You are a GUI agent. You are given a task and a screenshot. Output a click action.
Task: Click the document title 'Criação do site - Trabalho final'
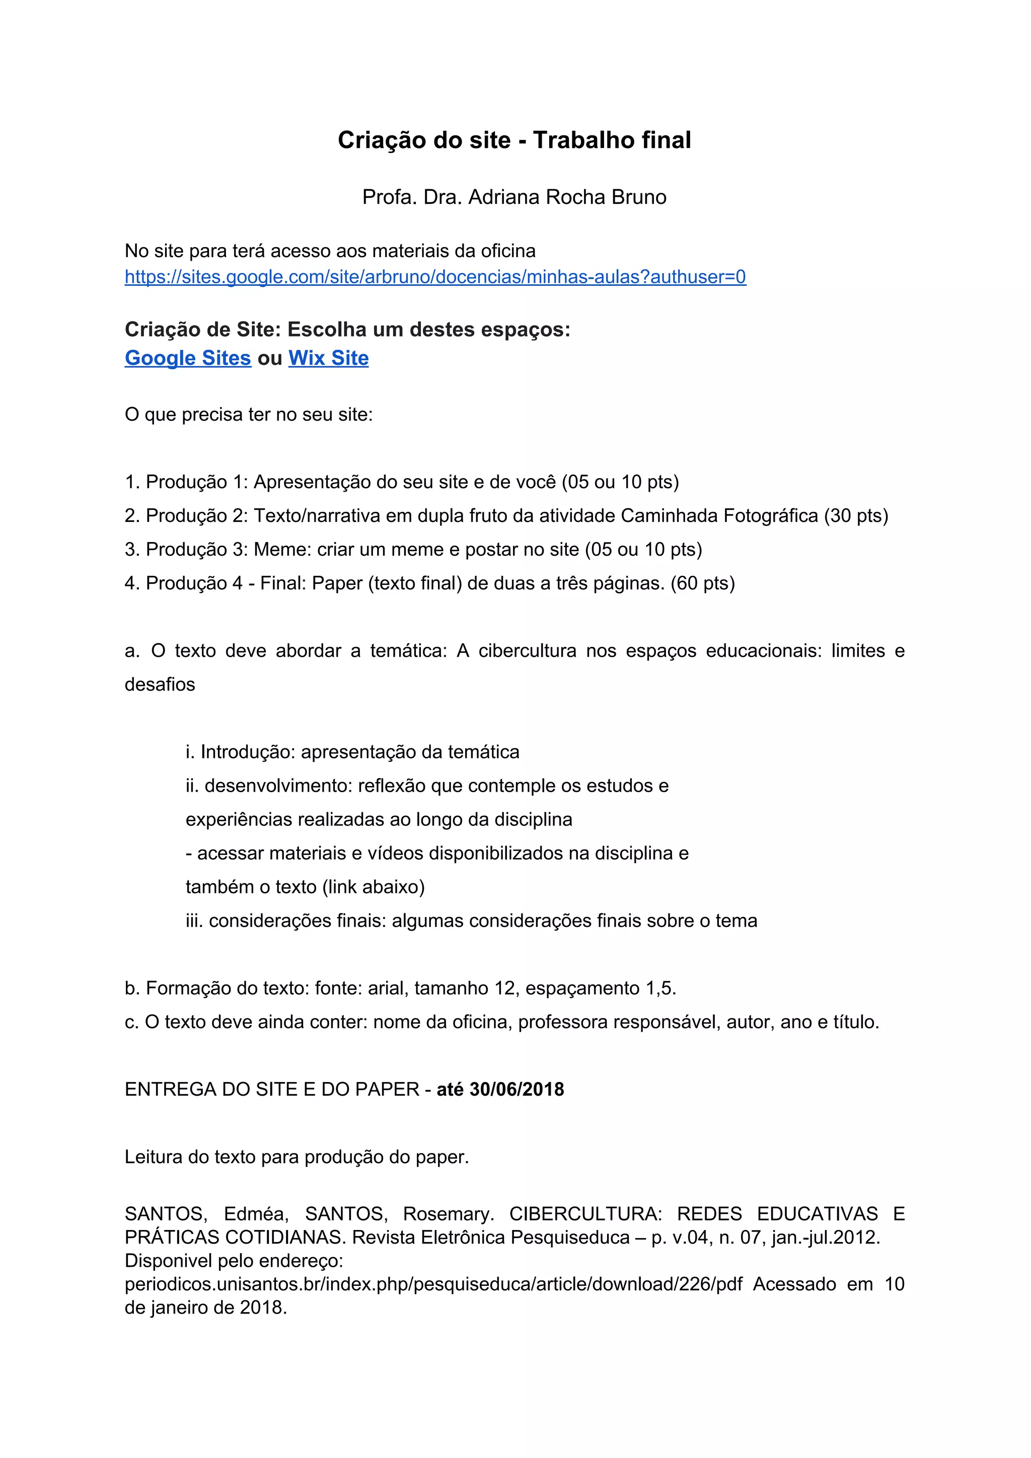click(x=514, y=140)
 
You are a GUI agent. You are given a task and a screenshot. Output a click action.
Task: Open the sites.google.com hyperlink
click(x=435, y=277)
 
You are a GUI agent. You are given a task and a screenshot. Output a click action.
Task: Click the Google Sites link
click(x=188, y=358)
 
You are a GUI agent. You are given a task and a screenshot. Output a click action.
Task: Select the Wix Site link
click(x=328, y=358)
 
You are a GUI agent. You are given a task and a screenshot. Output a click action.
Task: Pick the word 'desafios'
click(x=160, y=684)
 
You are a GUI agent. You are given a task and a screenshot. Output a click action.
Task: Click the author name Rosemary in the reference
click(x=448, y=1213)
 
